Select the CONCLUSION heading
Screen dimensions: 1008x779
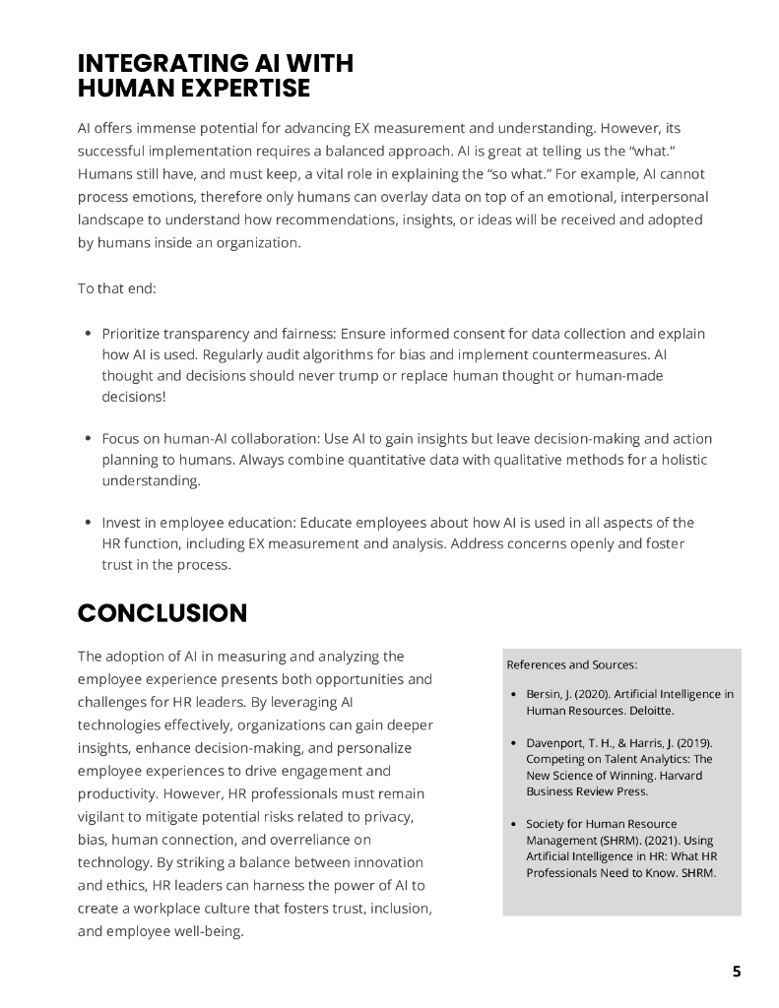point(162,613)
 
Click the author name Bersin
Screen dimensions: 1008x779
point(546,694)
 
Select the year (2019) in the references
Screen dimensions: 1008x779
point(693,742)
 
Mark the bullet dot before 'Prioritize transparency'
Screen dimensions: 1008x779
point(89,335)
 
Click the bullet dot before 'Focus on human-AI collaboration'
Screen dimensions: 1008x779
point(89,439)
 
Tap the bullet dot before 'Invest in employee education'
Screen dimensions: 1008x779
point(89,523)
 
